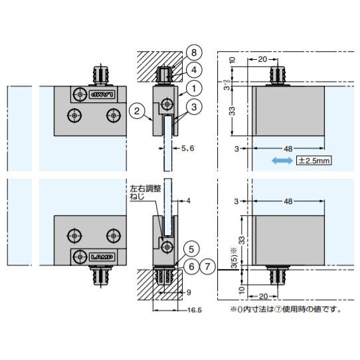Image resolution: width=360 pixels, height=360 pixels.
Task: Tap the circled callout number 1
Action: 193,86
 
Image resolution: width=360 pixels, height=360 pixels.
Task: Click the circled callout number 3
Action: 193,105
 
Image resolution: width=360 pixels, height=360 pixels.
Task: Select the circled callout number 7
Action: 209,266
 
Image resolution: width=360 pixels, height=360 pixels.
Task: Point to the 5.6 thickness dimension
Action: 187,149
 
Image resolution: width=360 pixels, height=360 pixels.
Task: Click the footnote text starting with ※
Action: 286,309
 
